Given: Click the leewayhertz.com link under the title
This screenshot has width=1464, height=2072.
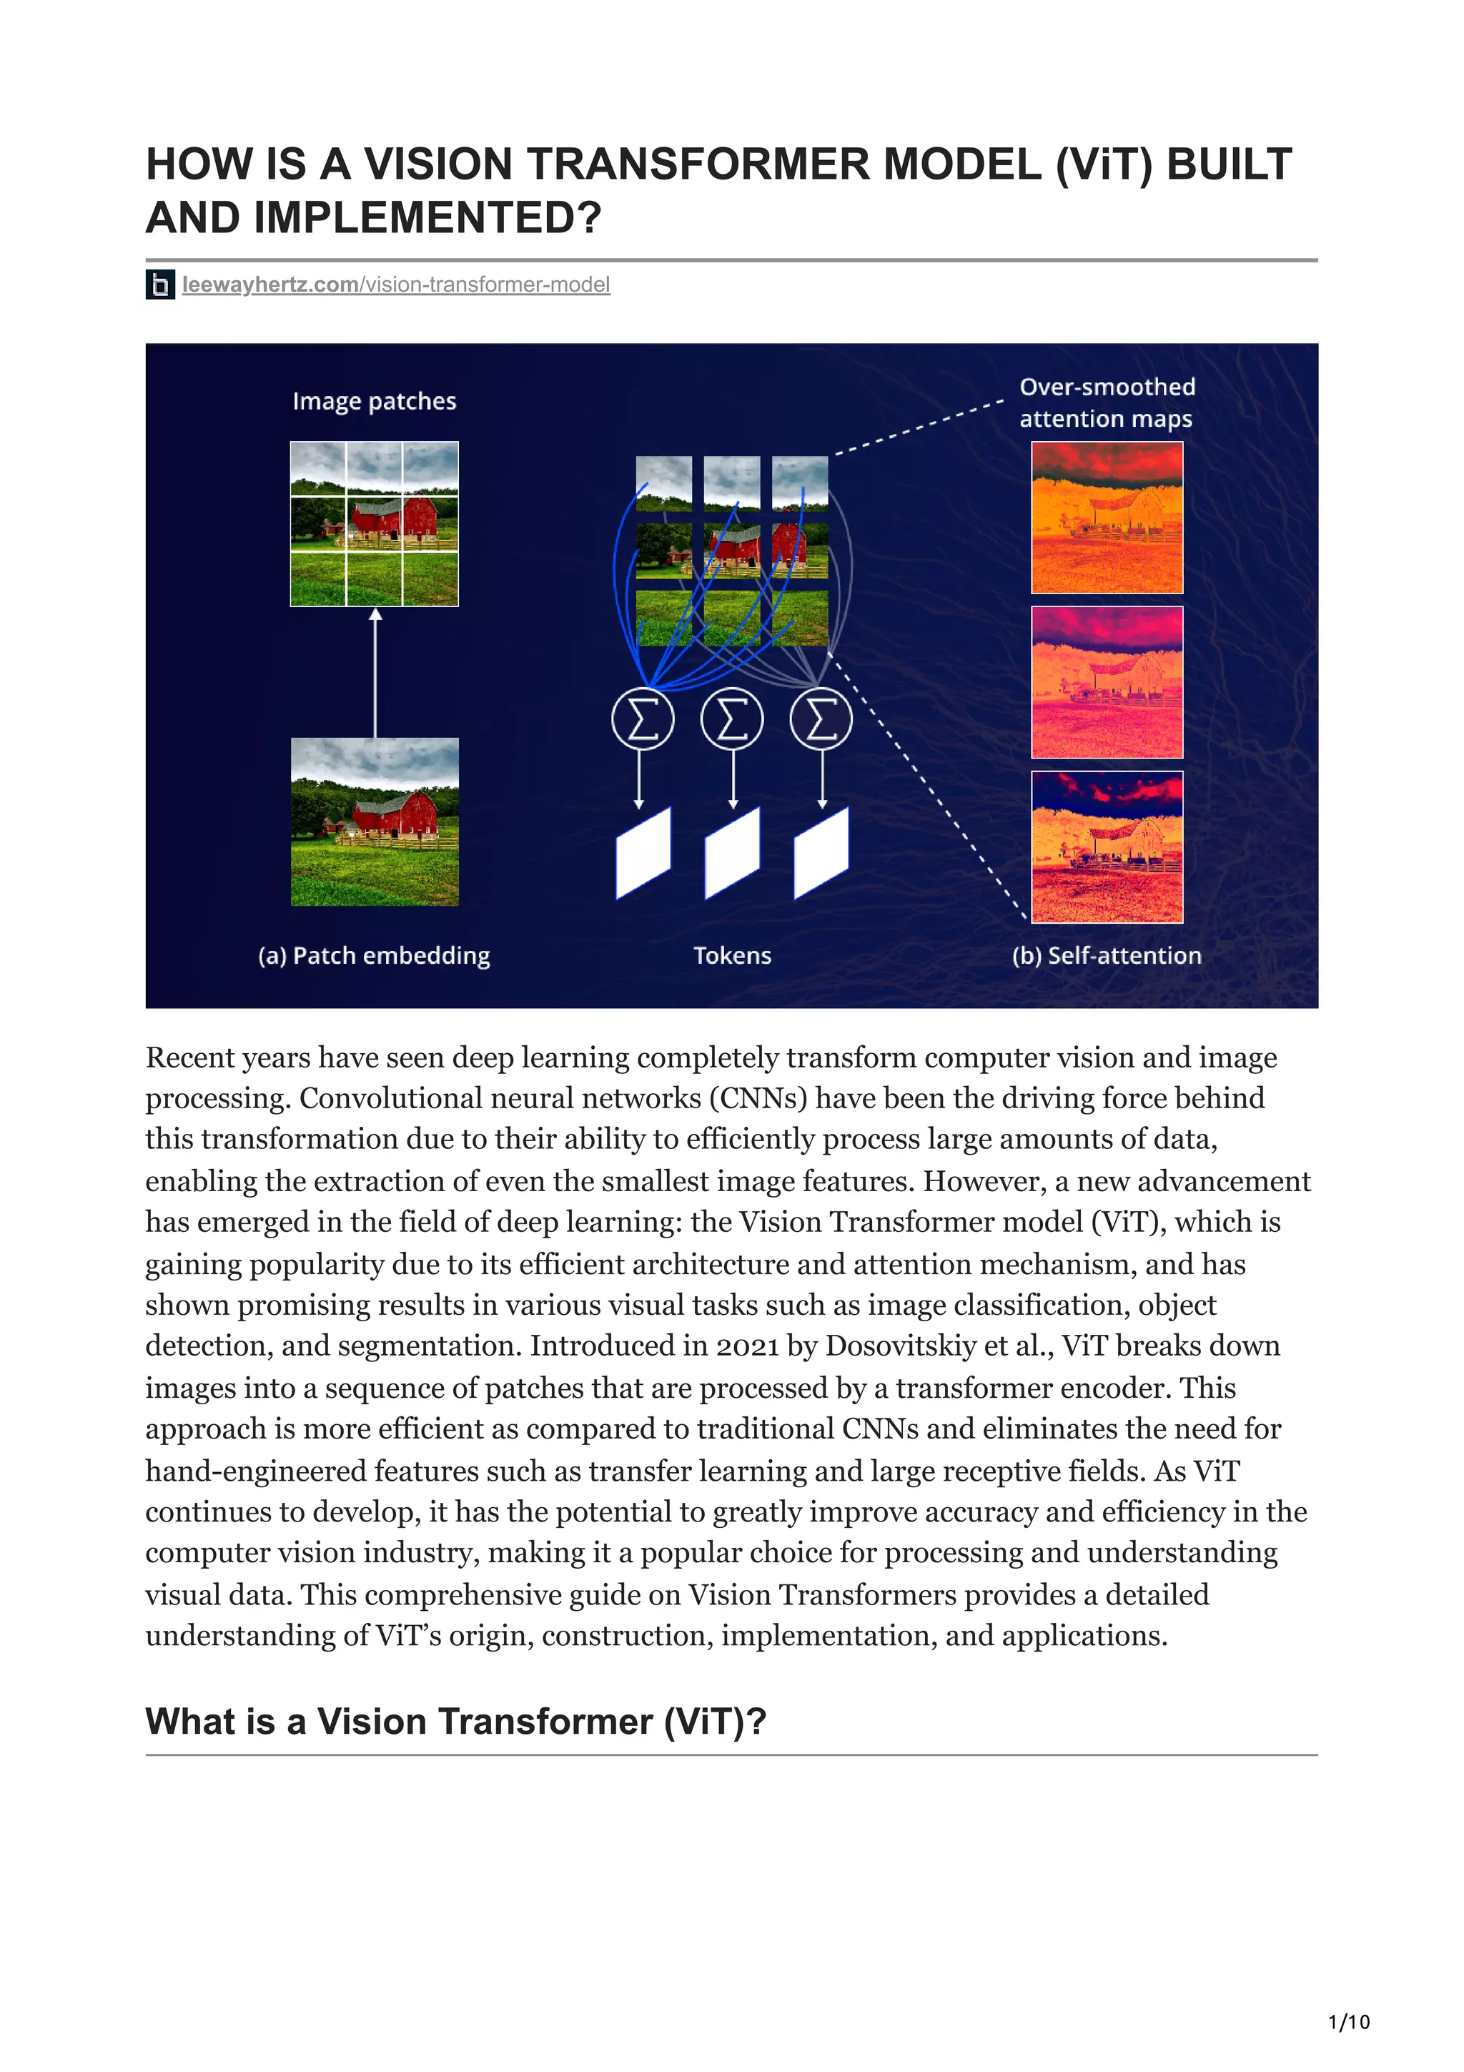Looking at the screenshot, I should pos(395,285).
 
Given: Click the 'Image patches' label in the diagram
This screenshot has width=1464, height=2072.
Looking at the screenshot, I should pos(375,402).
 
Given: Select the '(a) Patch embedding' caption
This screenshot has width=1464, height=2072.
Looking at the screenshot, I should pos(375,956).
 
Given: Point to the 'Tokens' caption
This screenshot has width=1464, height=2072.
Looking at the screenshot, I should pos(733,956).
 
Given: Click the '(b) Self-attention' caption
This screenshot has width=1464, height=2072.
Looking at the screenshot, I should pos(1107,956).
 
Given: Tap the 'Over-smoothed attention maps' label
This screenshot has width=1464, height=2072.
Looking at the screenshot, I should pos(1107,403).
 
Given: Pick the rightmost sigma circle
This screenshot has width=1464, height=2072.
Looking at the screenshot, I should pos(821,719).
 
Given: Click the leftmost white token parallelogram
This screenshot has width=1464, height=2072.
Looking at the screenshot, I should pos(643,854).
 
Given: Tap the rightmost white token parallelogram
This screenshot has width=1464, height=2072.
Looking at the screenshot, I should pos(821,854).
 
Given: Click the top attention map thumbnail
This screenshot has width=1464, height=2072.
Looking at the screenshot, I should pos(1107,518).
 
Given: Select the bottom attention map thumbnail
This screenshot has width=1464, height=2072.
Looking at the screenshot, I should pos(1107,847).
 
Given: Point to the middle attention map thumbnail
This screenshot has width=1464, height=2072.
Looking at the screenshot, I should pos(1107,682).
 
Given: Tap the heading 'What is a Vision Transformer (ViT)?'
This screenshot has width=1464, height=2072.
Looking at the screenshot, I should pos(455,1722).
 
